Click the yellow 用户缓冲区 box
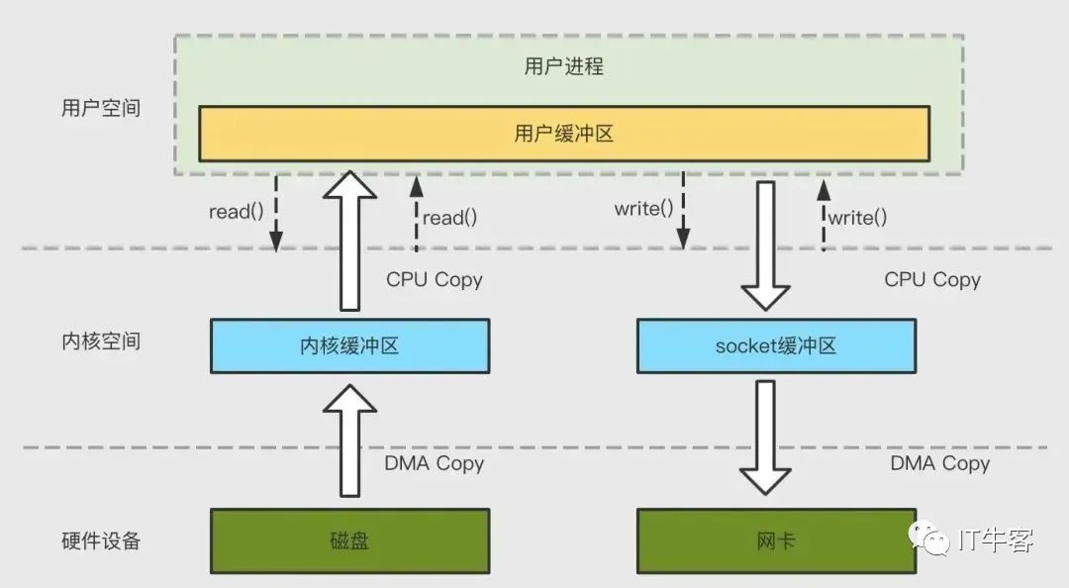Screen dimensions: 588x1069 [563, 134]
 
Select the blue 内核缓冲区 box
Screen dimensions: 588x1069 [349, 345]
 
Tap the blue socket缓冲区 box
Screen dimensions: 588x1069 [776, 345]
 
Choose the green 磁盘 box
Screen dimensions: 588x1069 [349, 541]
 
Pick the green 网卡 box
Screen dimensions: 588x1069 [776, 541]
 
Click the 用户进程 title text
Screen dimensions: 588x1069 [563, 67]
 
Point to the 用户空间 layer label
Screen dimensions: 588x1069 [101, 109]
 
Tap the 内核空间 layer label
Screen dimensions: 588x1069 [101, 342]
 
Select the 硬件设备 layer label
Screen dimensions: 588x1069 [101, 540]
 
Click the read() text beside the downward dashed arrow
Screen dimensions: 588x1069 [236, 211]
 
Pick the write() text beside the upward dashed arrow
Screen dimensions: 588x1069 [857, 218]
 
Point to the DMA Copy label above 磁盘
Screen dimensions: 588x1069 [434, 463]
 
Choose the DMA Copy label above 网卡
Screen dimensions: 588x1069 [939, 463]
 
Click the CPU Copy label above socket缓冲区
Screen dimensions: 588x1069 [932, 280]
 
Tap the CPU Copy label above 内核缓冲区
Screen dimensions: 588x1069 [435, 280]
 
